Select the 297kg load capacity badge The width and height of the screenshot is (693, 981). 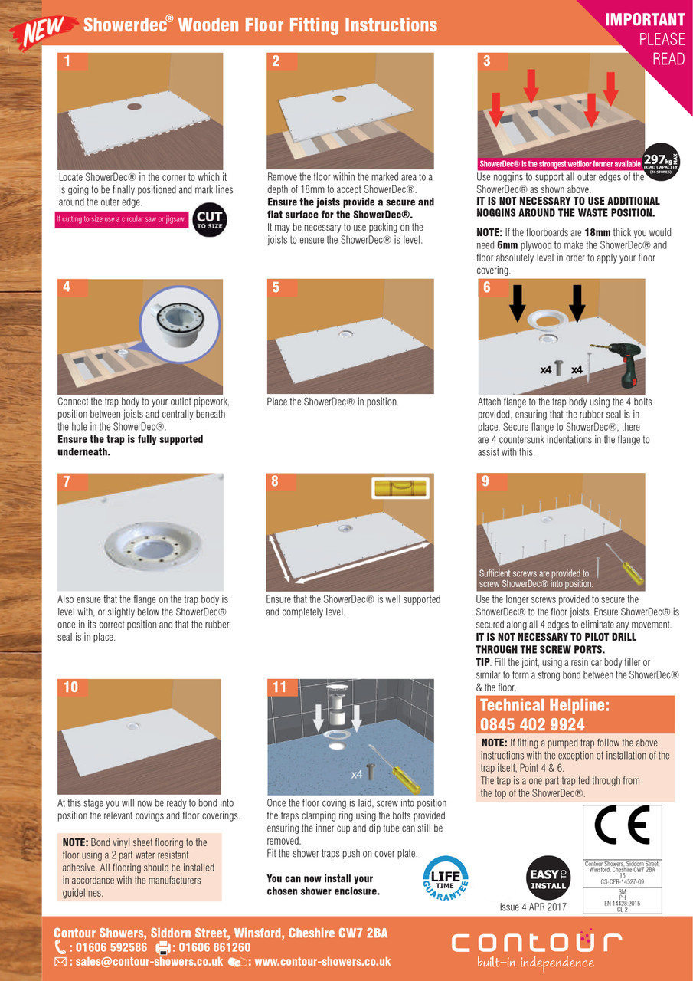(x=662, y=162)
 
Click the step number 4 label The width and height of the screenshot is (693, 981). (x=67, y=287)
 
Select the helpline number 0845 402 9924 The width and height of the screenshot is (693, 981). (x=531, y=724)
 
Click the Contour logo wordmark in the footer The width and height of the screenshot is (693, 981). (x=536, y=943)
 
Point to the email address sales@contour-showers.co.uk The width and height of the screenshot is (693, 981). (x=139, y=962)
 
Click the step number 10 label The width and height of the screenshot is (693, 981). (x=70, y=687)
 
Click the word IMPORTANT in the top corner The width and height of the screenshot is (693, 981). (x=645, y=20)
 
